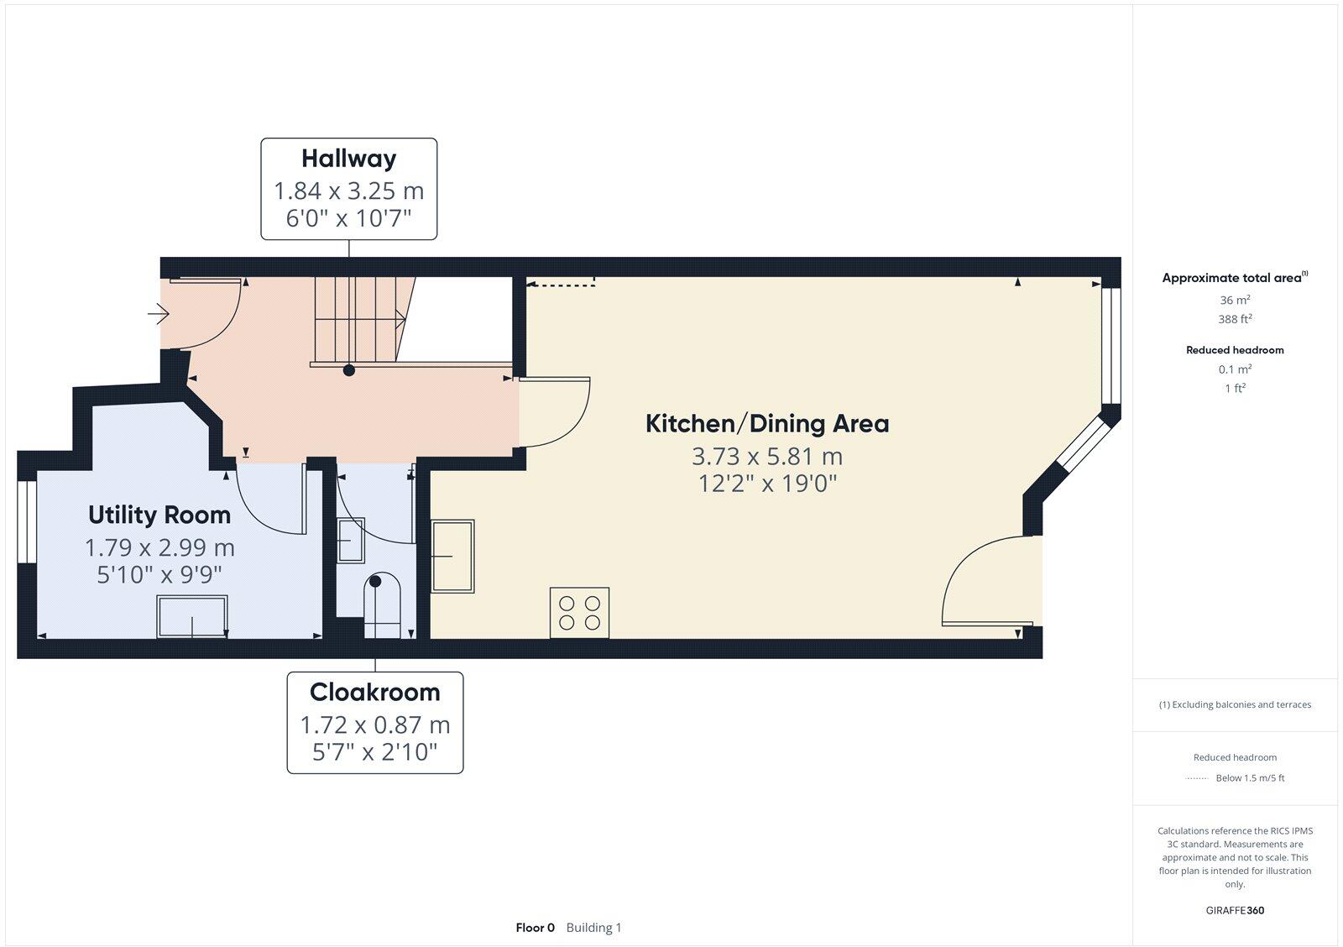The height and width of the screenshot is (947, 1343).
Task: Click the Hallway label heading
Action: click(x=348, y=158)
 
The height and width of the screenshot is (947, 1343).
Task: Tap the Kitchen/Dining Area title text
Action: click(x=766, y=423)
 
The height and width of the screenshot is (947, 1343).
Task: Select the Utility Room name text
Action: click(x=159, y=515)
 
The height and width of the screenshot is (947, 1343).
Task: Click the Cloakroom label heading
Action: click(x=374, y=692)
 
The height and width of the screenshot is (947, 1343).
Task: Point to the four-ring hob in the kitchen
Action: click(x=579, y=613)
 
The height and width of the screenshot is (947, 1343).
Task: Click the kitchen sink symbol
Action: click(x=452, y=556)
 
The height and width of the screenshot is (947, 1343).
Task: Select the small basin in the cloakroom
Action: click(x=350, y=540)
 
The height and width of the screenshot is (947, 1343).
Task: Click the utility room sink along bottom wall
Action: click(x=192, y=617)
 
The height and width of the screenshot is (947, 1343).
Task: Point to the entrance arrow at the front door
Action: click(x=159, y=315)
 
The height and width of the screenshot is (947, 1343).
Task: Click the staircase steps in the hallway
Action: click(x=357, y=319)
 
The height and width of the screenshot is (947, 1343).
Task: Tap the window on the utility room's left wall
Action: click(x=27, y=521)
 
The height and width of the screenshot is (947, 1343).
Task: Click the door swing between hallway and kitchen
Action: click(x=554, y=411)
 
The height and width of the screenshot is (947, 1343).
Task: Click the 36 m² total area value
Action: click(x=1235, y=300)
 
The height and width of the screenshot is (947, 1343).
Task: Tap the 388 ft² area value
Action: click(x=1235, y=319)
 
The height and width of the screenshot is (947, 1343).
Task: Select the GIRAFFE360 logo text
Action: click(x=1235, y=910)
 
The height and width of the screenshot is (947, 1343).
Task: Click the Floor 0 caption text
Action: click(x=535, y=928)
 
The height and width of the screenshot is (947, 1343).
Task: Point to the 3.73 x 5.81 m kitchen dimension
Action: click(x=766, y=457)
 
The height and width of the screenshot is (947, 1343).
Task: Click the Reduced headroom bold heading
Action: click(x=1235, y=350)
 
